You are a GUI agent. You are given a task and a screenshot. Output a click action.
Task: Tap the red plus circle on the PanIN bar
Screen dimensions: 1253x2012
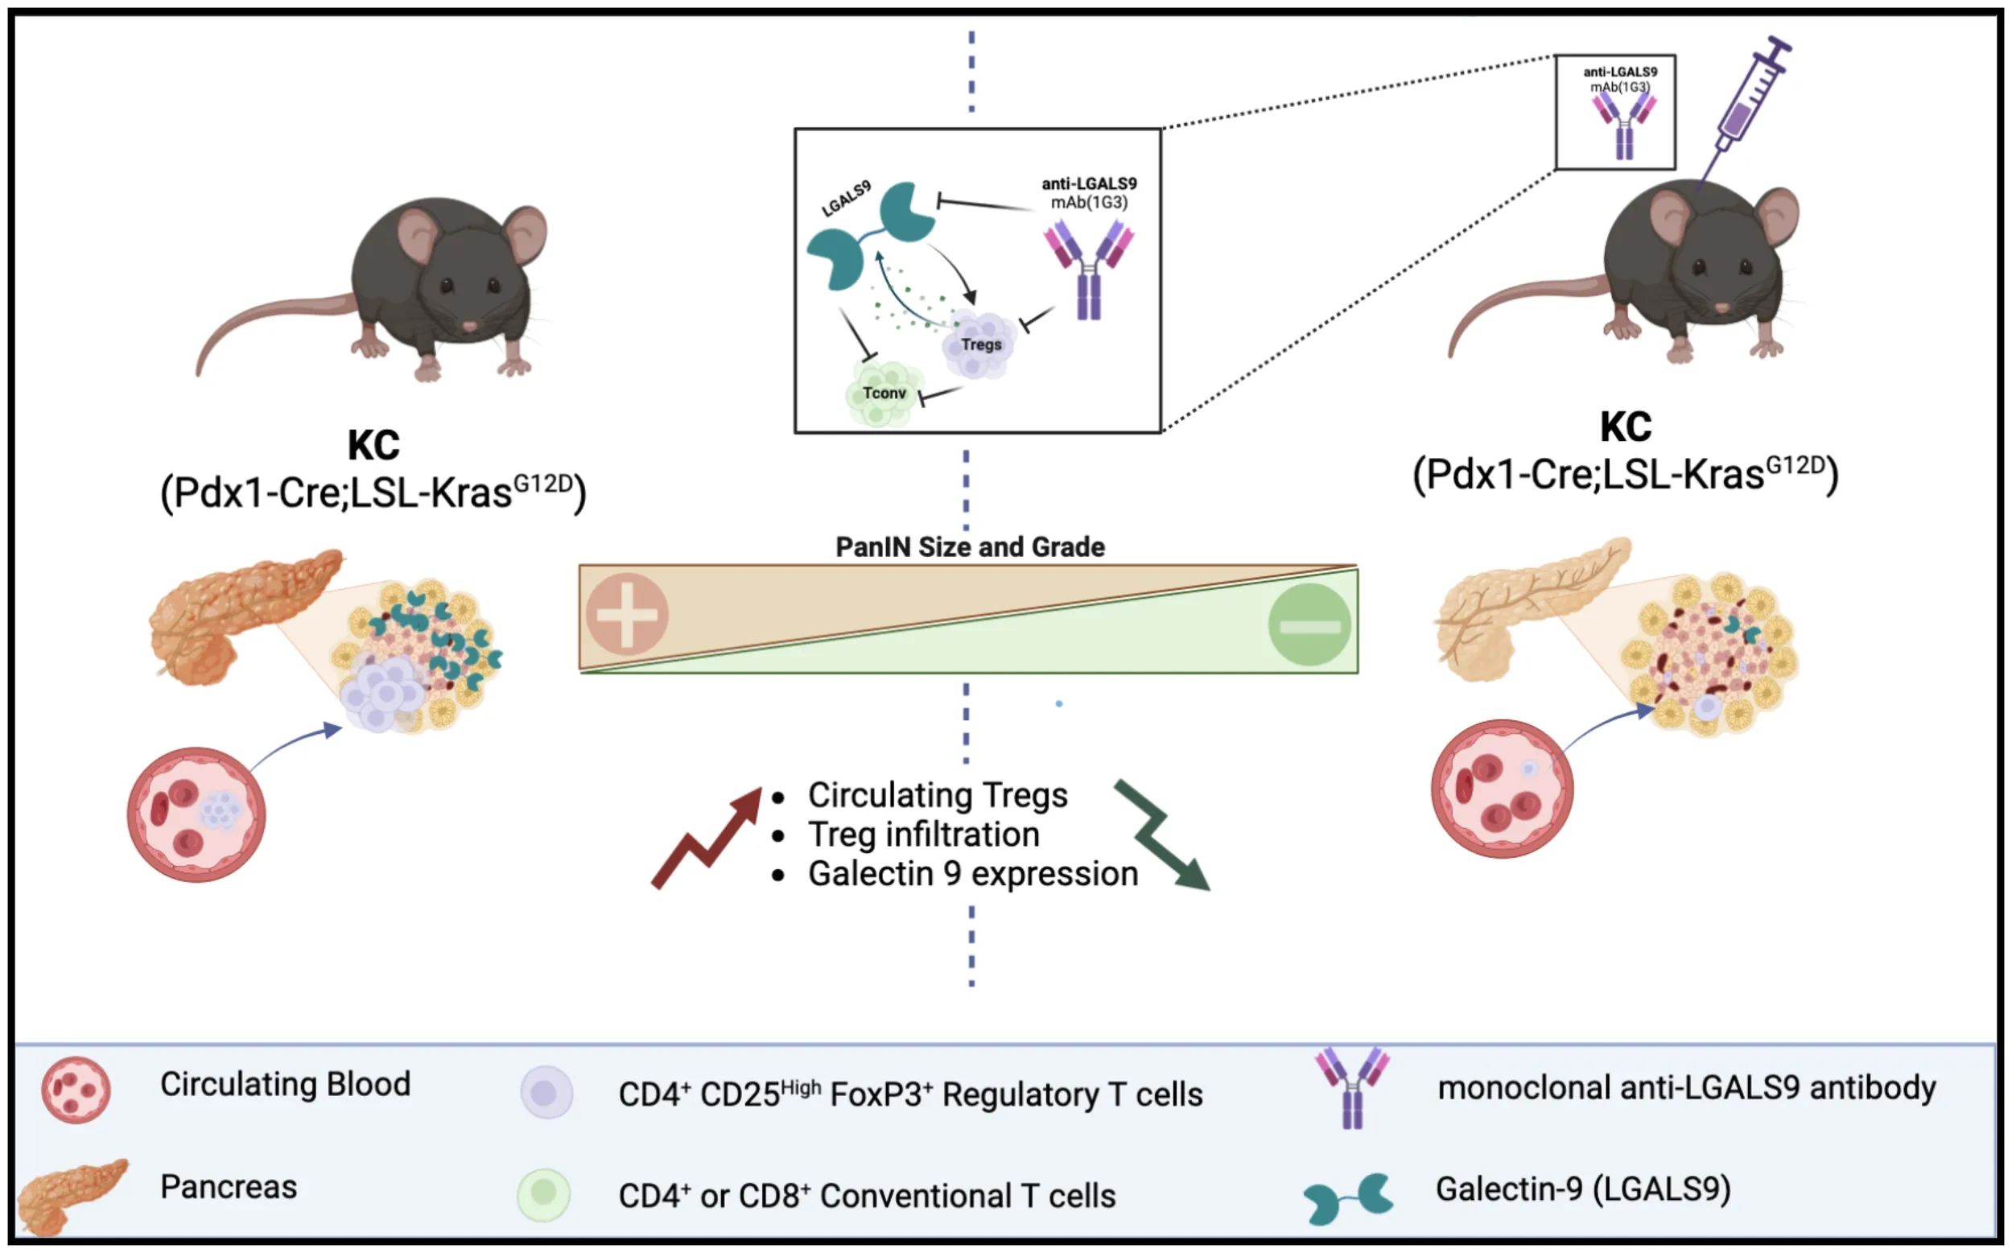pyautogui.click(x=627, y=615)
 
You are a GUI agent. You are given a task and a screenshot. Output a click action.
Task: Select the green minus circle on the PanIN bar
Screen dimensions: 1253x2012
pyautogui.click(x=1309, y=624)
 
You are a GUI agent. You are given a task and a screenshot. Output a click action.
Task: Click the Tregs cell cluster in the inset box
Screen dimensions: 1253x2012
pyautogui.click(x=979, y=344)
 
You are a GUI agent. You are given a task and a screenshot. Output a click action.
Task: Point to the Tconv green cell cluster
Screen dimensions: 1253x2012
pyautogui.click(x=882, y=394)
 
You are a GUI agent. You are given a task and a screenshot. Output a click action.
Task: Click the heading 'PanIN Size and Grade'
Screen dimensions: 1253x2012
pyautogui.click(x=970, y=547)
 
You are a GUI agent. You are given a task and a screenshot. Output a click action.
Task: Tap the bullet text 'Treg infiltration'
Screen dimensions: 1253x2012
pyautogui.click(x=923, y=835)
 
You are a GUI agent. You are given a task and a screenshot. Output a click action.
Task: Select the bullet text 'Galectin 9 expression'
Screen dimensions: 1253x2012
pyautogui.click(x=973, y=874)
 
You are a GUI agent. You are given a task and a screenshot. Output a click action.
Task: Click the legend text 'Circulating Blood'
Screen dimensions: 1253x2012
pyautogui.click(x=285, y=1085)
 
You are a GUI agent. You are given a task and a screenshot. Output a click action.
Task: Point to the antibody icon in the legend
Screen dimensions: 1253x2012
pyautogui.click(x=1352, y=1086)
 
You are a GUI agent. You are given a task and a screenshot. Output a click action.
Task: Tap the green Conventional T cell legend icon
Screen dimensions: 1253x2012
pyautogui.click(x=543, y=1195)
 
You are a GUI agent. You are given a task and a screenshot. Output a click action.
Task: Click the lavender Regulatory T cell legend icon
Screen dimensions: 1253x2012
pyautogui.click(x=546, y=1092)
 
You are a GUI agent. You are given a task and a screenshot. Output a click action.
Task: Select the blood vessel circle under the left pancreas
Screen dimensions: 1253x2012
pyautogui.click(x=196, y=814)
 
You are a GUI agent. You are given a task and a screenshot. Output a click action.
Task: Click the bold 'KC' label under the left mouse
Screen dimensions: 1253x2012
pyautogui.click(x=373, y=446)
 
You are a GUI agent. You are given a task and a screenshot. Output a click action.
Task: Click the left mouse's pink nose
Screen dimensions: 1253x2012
pyautogui.click(x=469, y=326)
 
